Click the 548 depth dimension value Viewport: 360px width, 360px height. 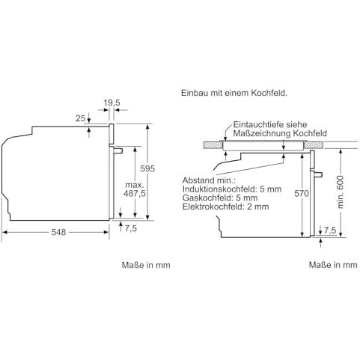click(x=58, y=232)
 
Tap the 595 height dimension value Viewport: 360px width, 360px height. click(x=147, y=168)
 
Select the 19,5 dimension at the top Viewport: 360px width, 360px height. click(x=112, y=103)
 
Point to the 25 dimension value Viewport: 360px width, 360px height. click(x=81, y=118)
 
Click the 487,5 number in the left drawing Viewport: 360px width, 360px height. click(x=135, y=193)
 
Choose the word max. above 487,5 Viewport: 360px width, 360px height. click(x=135, y=185)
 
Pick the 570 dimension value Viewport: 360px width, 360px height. click(x=302, y=193)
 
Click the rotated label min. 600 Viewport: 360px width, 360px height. click(x=341, y=192)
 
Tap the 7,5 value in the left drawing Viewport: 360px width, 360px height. click(x=131, y=228)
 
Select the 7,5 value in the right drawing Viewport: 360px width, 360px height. click(x=330, y=231)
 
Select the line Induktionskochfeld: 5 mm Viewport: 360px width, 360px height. click(x=232, y=189)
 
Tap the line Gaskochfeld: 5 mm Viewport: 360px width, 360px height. click(x=220, y=198)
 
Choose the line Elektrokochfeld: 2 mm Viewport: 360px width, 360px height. click(x=226, y=207)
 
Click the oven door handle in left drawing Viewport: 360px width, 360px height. click(x=118, y=150)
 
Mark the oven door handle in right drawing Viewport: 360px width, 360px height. click(x=318, y=174)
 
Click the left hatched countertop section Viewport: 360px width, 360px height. click(x=213, y=145)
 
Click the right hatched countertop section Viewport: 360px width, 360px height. click(x=314, y=145)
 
